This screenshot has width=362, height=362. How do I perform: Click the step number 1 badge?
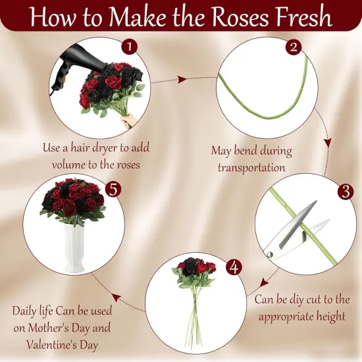[130, 47]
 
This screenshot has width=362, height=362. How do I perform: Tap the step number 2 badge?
[294, 47]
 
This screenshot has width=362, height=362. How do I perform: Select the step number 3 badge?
[344, 192]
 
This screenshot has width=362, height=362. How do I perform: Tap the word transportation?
[251, 167]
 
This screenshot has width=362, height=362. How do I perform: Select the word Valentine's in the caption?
[55, 344]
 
